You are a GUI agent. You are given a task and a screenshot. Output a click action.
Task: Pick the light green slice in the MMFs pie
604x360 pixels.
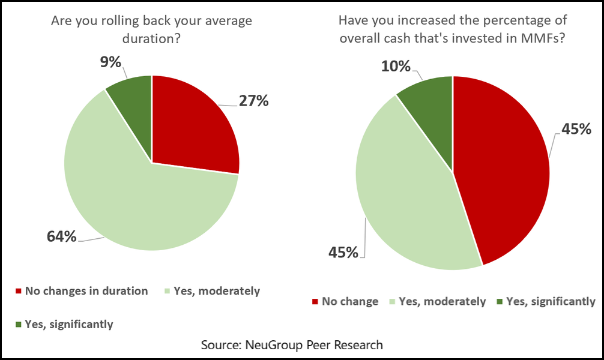click(x=408, y=192)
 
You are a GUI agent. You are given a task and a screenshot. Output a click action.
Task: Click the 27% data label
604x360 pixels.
click(x=253, y=101)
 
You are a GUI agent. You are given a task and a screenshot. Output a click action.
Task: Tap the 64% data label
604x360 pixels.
click(x=62, y=236)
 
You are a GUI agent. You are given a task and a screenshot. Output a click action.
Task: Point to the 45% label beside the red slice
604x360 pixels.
click(x=577, y=129)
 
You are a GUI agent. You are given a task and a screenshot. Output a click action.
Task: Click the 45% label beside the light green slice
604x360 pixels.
click(x=343, y=252)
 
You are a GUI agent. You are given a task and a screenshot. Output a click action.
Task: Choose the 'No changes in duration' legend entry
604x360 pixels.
click(x=86, y=291)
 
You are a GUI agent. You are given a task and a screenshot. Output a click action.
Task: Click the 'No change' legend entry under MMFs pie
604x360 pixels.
click(x=350, y=301)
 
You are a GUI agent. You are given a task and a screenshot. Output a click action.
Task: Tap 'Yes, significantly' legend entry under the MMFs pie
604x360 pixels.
click(x=551, y=301)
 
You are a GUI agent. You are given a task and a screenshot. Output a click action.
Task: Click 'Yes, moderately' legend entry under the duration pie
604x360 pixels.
click(x=216, y=291)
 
